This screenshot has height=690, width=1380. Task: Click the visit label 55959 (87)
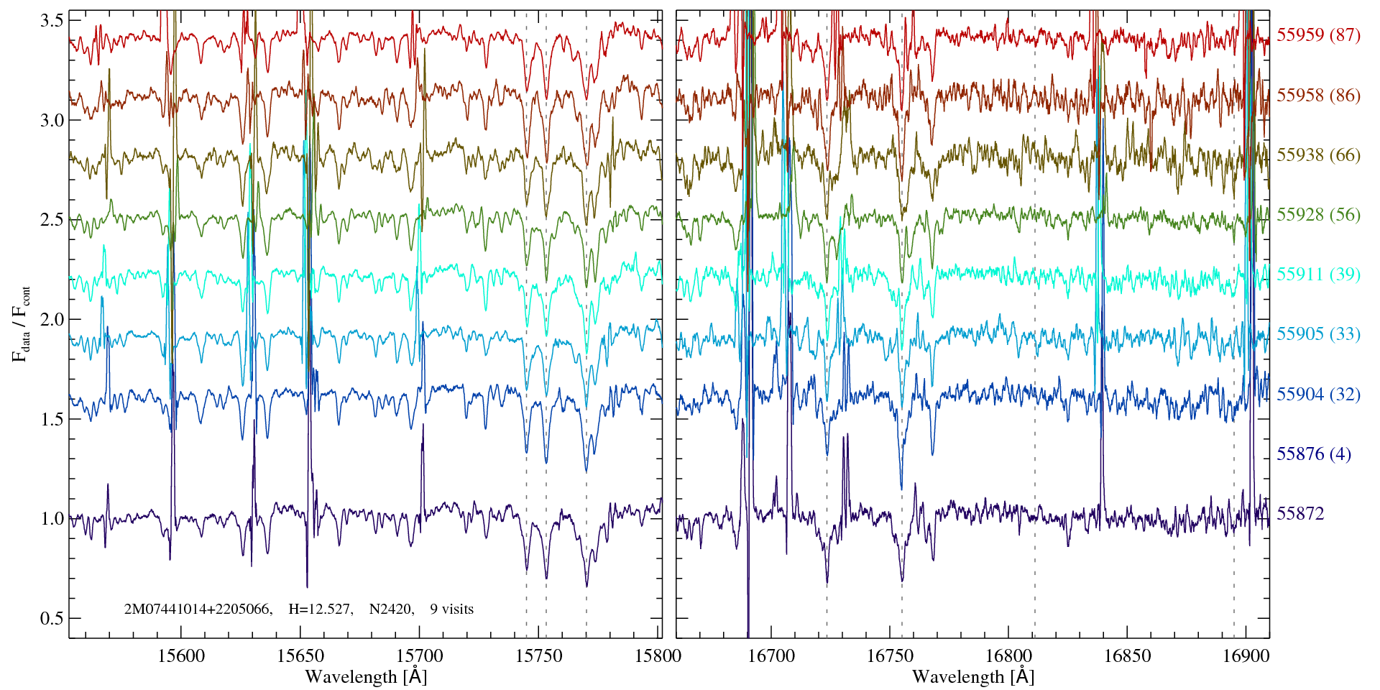pos(1318,35)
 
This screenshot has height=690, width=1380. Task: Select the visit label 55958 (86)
pos(1318,96)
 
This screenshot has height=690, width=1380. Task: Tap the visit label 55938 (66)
pos(1318,155)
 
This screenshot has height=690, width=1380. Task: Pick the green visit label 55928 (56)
pos(1318,215)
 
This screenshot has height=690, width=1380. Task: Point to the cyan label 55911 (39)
pos(1318,275)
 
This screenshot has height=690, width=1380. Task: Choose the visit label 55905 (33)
pos(1318,334)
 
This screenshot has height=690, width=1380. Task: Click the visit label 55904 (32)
pos(1318,395)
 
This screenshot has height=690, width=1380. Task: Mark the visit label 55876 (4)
pos(1313,454)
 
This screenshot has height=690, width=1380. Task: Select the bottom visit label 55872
pos(1300,514)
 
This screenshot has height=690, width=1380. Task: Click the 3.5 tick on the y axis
pos(52,21)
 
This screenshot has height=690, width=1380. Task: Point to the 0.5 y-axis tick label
pos(52,619)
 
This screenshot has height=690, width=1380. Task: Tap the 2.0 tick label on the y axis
pos(52,320)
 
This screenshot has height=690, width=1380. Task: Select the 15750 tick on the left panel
pos(540,656)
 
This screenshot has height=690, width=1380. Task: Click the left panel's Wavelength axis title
pos(366,677)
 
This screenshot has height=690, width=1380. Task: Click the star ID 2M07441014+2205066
pos(198,609)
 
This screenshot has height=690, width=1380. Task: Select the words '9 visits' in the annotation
pos(451,609)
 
